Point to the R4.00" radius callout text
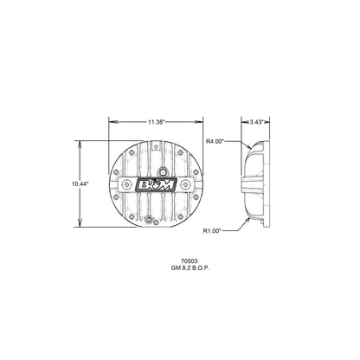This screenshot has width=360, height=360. [216, 139]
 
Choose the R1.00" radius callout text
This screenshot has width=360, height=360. [214, 232]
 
